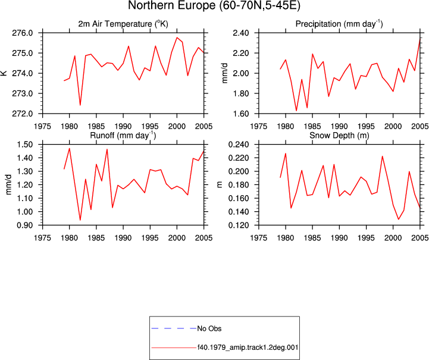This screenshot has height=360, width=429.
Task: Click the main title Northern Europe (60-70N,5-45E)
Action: [x=214, y=5]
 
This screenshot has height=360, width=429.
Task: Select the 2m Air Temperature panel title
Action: [x=123, y=24]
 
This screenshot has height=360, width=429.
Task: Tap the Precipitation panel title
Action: [x=339, y=24]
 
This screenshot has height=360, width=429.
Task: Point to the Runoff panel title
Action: [x=123, y=136]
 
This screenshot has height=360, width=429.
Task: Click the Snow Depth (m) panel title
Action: [x=339, y=136]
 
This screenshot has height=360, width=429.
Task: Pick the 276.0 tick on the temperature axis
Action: [x=23, y=33]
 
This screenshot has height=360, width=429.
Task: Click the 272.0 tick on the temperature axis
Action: [x=23, y=114]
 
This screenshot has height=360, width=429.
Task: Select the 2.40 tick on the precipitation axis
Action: [x=241, y=33]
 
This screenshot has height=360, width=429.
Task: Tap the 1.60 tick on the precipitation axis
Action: [x=241, y=114]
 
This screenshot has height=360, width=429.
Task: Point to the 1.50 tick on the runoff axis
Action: [x=25, y=145]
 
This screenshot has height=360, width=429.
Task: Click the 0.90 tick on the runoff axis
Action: [x=25, y=225]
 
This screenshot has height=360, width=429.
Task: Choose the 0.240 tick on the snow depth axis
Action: [x=239, y=145]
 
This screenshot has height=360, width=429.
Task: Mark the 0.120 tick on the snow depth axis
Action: [x=239, y=225]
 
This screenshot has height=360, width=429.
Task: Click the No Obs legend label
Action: [x=209, y=328]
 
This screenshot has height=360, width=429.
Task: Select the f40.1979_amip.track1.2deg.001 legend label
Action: [x=248, y=348]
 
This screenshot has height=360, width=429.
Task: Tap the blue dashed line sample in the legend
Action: [x=174, y=328]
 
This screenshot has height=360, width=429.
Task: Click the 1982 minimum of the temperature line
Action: [x=80, y=105]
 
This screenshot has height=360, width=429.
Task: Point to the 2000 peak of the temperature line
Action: [x=177, y=37]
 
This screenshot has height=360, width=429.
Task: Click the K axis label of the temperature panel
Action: [x=4, y=73]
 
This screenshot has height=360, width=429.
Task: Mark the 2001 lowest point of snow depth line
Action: [x=399, y=219]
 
